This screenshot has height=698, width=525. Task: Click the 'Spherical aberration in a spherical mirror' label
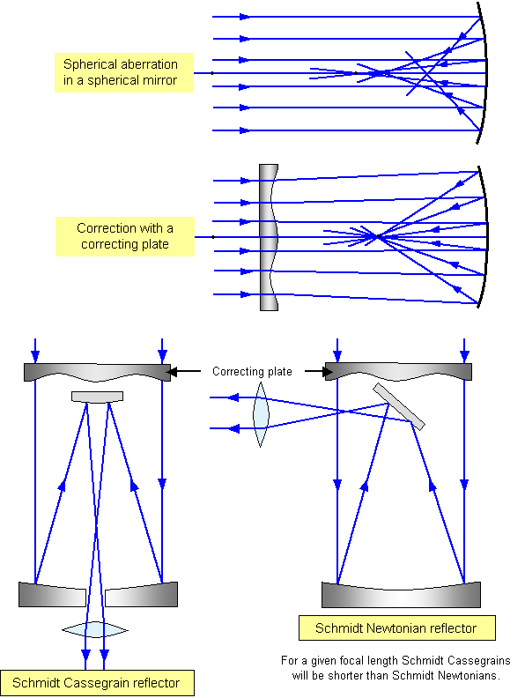pos(124,72)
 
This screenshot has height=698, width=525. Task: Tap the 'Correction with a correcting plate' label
pos(125,236)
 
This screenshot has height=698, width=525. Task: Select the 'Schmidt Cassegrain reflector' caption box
pos(97,683)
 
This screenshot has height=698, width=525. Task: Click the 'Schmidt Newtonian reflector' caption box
pos(397,628)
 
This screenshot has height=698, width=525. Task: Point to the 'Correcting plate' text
pos(252,371)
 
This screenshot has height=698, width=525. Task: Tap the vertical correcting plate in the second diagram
pos(269,237)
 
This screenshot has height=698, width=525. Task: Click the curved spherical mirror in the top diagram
pos(484,72)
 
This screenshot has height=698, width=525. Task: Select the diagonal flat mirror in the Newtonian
pos(399,406)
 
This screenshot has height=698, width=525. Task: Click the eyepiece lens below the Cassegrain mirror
pos(95,629)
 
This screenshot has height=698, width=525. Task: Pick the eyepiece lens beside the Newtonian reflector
pos(261,414)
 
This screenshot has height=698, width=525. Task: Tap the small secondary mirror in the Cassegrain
pos(97,397)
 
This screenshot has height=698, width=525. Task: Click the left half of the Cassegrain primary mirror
pos(52,594)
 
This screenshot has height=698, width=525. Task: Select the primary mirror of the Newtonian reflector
pos(401,597)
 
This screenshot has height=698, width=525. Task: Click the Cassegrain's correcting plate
pos(97,372)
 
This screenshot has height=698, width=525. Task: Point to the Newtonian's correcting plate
pos(399,372)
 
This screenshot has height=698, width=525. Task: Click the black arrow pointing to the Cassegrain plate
pos(183,371)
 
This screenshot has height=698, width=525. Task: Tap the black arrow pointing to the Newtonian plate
pos(319,371)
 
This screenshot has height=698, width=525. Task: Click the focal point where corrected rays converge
pos(378,236)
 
